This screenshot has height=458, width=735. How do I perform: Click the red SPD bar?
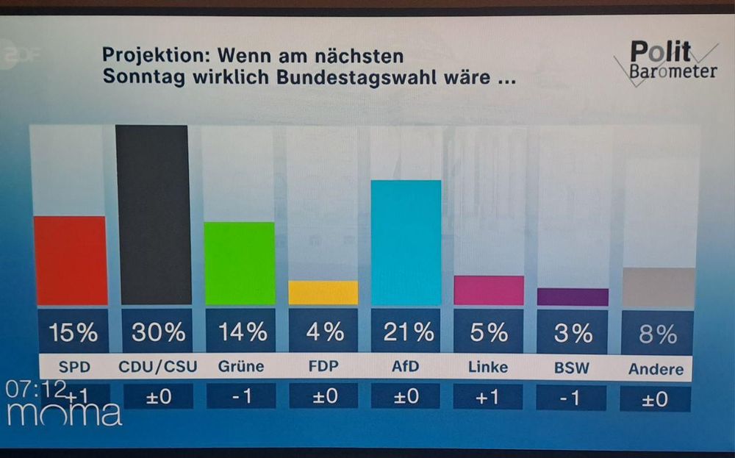tap(70, 261)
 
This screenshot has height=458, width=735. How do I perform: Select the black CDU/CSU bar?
tap(153, 215)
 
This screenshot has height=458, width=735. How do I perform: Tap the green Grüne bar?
tap(239, 263)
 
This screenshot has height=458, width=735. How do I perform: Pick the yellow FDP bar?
tap(323, 293)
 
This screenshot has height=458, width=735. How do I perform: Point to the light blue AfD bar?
tap(406, 243)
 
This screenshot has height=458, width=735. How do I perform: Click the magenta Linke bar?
tap(489, 290)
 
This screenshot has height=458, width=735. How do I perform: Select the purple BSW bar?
tap(573, 297)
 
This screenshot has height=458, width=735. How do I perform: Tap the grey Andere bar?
tap(659, 287)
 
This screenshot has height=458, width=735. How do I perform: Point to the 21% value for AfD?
tap(408, 332)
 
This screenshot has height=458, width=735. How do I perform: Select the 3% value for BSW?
tap(573, 333)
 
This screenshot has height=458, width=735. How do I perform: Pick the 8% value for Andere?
tap(657, 334)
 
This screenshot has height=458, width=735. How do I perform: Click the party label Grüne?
tap(241, 366)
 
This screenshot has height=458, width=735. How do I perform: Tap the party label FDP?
tap(324, 366)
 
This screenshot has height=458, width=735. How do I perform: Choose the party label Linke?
tap(488, 367)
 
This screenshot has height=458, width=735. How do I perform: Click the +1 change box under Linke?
tap(488, 397)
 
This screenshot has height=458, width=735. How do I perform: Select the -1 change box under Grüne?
tap(241, 397)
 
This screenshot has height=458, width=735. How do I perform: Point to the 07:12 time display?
tap(35, 389)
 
